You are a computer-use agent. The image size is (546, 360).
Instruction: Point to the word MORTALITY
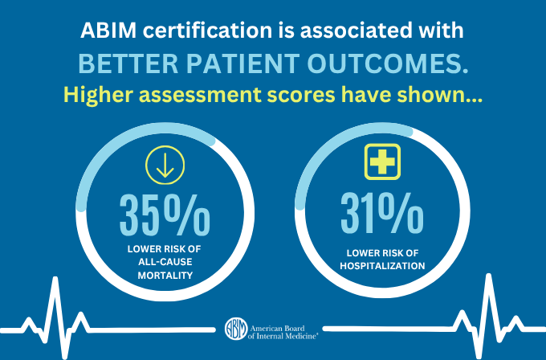164,276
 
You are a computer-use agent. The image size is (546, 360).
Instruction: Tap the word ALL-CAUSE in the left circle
164,263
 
